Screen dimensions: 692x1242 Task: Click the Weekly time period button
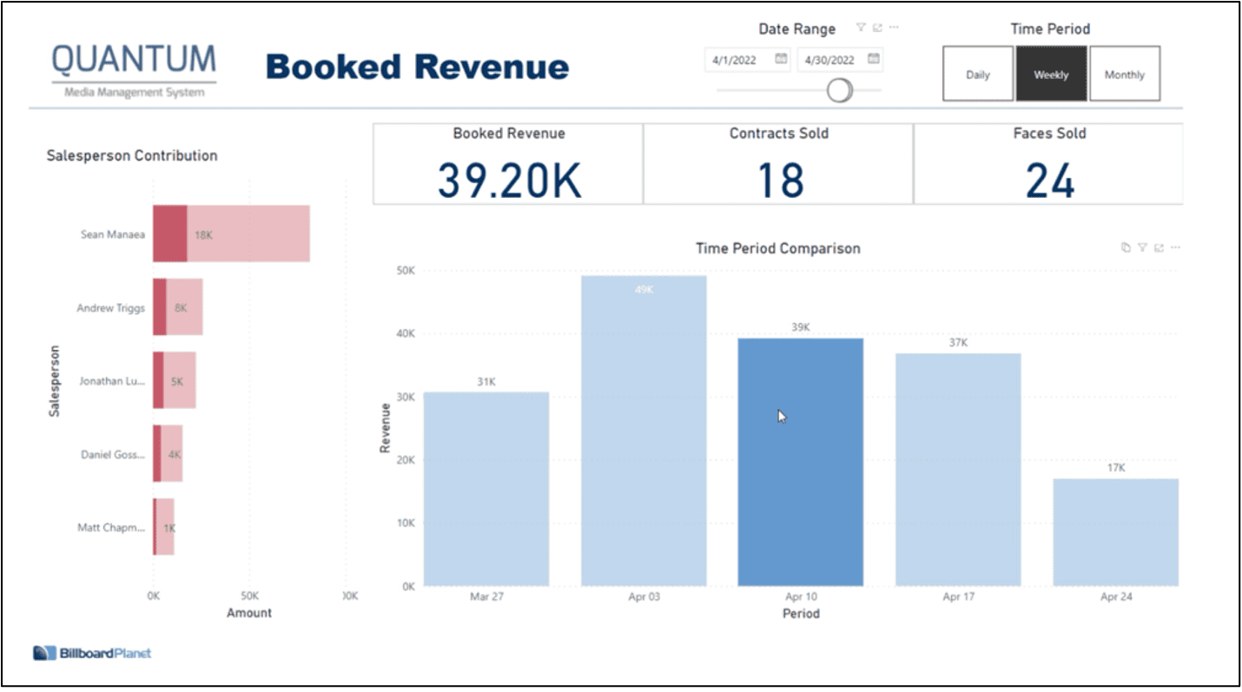[x=1051, y=75]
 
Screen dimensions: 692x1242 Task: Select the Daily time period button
[x=978, y=75]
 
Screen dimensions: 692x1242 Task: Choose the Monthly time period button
[x=1124, y=75]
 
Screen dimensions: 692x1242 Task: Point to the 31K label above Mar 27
[x=486, y=382]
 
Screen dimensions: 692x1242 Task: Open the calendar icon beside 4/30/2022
[x=874, y=59]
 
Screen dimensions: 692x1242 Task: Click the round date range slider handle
[x=839, y=89]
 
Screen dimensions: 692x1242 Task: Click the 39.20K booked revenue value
[x=508, y=181]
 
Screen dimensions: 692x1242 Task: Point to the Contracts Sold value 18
[x=779, y=181]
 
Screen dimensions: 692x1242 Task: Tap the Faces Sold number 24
[x=1049, y=181]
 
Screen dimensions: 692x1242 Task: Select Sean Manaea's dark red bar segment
[x=169, y=234]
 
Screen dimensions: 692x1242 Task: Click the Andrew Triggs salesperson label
[x=110, y=307]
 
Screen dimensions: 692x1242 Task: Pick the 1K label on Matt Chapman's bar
[x=169, y=528]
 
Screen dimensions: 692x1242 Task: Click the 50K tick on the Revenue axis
[x=405, y=271]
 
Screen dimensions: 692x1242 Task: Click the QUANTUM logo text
[x=134, y=60]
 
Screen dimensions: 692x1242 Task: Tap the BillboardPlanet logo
[x=92, y=653]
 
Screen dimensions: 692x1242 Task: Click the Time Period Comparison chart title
[x=777, y=248]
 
